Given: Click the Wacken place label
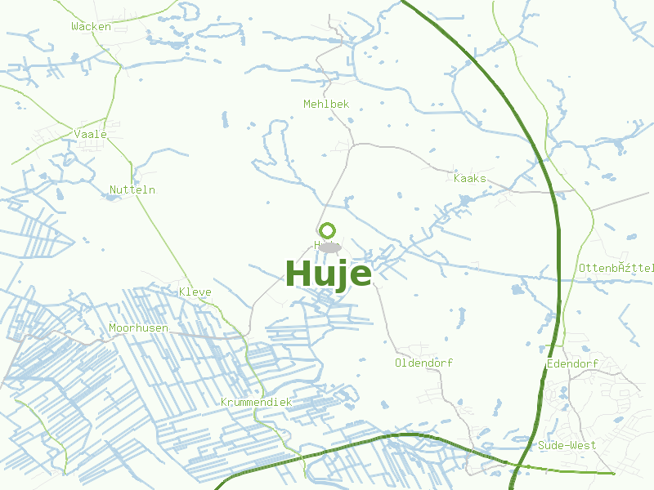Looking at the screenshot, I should (91, 26).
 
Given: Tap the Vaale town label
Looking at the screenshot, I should (90, 134).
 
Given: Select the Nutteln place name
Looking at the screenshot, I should (132, 189).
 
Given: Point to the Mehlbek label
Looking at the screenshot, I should (326, 104).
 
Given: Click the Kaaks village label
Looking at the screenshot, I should (470, 178).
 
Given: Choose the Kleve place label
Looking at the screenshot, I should (195, 292).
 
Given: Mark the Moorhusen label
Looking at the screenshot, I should (138, 327).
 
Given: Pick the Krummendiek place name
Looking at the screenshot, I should (256, 402).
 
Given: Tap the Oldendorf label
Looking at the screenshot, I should (423, 363).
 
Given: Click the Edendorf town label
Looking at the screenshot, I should (573, 363).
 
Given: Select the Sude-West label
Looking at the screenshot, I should (567, 445).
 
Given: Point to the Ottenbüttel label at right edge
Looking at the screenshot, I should (616, 268).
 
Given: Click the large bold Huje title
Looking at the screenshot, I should (328, 274).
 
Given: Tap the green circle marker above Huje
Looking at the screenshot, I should (327, 230).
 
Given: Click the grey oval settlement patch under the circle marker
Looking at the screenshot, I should (329, 247).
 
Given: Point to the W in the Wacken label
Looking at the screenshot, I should (74, 26).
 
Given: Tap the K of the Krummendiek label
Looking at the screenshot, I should (224, 402).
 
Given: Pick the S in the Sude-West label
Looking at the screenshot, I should (542, 445).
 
